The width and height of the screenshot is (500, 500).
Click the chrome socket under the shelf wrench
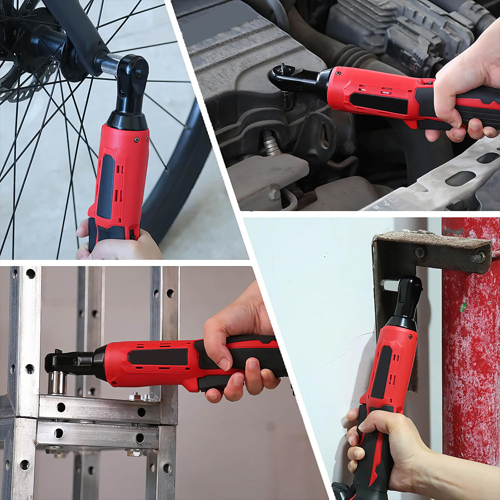point(56,382)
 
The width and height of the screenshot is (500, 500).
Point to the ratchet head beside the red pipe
point(407,297)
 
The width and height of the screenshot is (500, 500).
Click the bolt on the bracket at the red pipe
point(477,257)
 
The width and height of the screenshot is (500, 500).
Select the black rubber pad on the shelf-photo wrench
point(157,356)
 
